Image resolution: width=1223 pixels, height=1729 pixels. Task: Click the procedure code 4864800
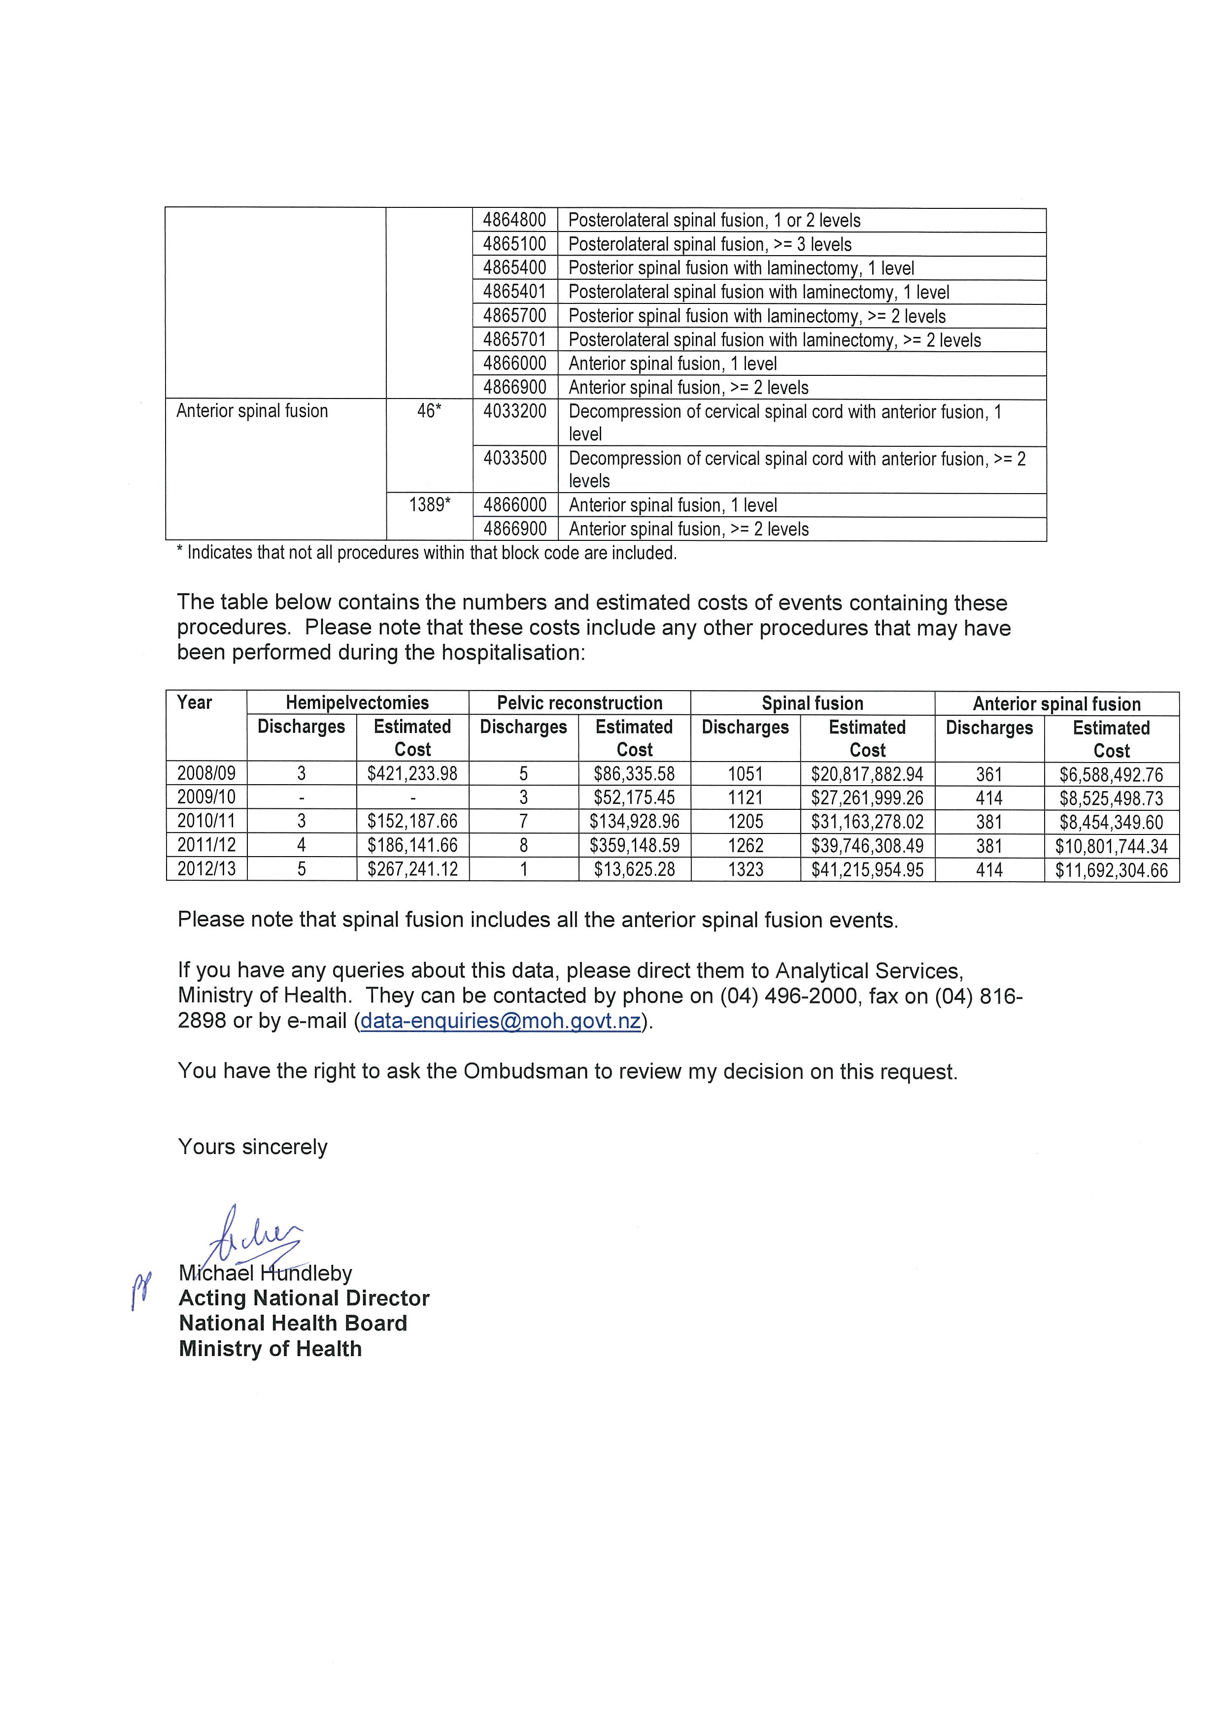(514, 221)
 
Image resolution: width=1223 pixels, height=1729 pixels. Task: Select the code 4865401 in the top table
(514, 292)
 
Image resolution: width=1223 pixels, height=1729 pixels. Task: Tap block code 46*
(429, 411)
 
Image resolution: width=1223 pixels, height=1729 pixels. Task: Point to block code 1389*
(429, 505)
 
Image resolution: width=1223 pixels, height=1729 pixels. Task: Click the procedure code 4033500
(514, 459)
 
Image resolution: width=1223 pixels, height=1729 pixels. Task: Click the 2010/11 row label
(206, 822)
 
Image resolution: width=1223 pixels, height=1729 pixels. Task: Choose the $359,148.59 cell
(634, 846)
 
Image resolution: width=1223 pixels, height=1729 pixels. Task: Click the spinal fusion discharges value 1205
(745, 822)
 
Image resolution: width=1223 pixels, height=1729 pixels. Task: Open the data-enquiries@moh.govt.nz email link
(501, 1022)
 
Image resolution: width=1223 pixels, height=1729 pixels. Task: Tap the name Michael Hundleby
(265, 1273)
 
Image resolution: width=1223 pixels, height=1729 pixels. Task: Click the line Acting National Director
(304, 1298)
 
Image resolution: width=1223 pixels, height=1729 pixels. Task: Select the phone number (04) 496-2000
(788, 997)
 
